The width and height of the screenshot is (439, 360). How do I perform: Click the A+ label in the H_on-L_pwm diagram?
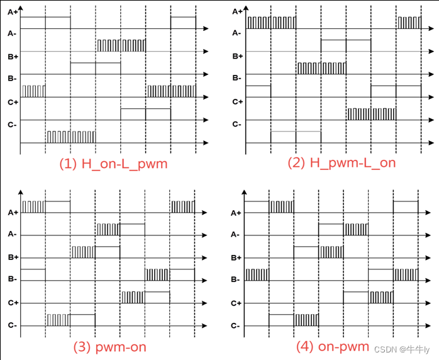(x=11, y=11)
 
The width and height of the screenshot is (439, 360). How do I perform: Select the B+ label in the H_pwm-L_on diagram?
(x=237, y=56)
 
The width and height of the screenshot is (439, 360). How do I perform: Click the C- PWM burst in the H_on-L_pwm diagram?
(x=71, y=137)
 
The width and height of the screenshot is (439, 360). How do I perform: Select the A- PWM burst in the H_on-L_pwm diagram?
(x=121, y=45)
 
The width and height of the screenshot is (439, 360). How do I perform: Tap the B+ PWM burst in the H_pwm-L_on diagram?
(x=321, y=68)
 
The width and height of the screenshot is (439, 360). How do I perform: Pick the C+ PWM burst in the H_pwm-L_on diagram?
(x=371, y=113)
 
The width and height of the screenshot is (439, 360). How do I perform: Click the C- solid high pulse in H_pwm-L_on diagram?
(x=296, y=137)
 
